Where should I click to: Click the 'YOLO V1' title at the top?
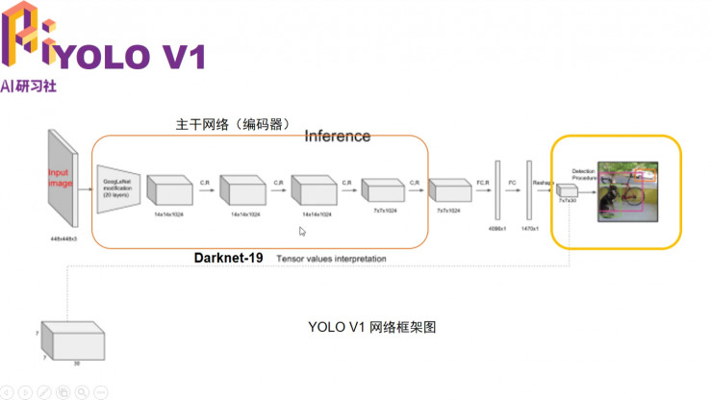coord(129,57)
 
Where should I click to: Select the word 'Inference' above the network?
coord(337,136)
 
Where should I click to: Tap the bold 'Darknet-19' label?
coord(228,259)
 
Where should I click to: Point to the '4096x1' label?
coord(497,230)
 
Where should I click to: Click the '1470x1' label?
coord(530,230)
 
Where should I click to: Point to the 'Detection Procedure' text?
coord(583,173)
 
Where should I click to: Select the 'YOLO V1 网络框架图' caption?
coord(372,327)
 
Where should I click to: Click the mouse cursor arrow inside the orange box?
coord(302,231)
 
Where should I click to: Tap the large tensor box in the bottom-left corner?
coord(72,338)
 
